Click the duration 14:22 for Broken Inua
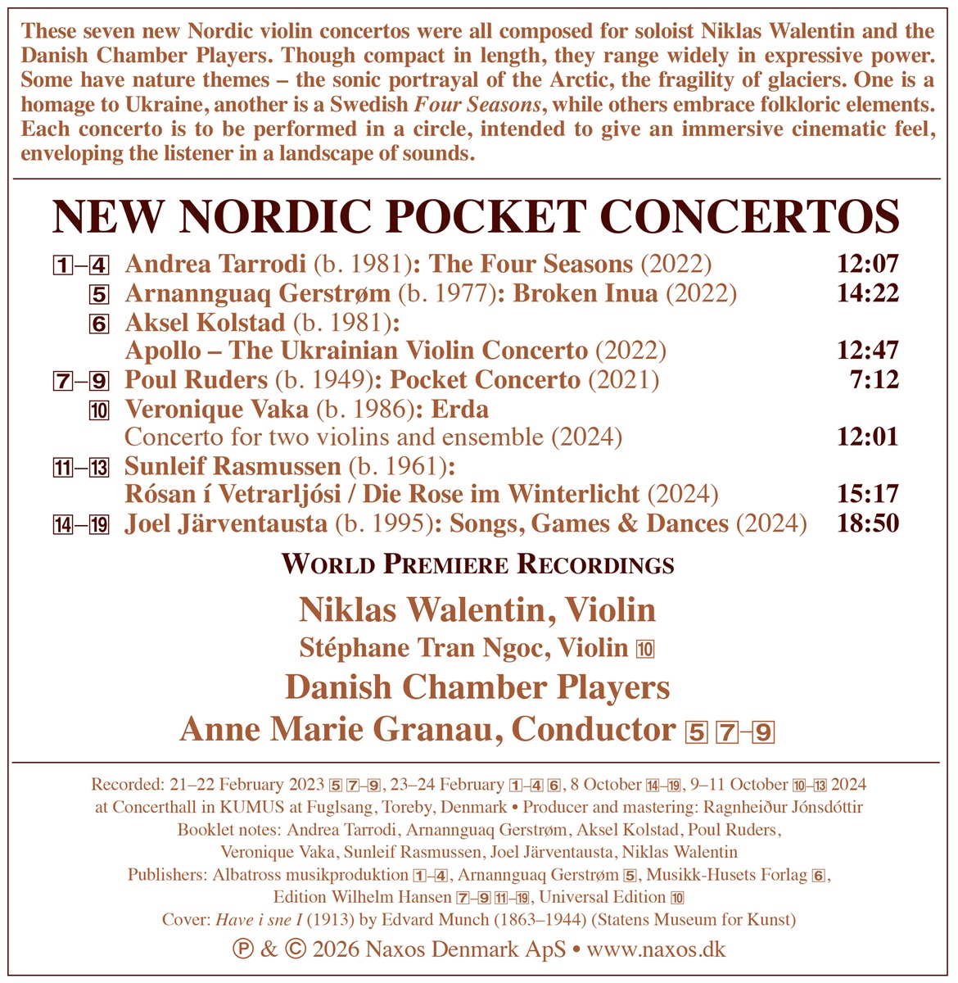(x=868, y=293)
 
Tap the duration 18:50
(x=868, y=523)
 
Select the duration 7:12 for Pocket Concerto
(x=875, y=380)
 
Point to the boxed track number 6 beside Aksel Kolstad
(x=100, y=323)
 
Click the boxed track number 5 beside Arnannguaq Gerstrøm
(x=100, y=294)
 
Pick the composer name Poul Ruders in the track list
(x=196, y=380)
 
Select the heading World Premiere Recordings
(x=478, y=564)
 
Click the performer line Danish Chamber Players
(x=478, y=686)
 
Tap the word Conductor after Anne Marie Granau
(x=594, y=729)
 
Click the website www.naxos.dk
(x=657, y=949)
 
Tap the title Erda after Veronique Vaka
(x=459, y=409)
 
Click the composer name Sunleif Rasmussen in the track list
(x=233, y=467)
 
